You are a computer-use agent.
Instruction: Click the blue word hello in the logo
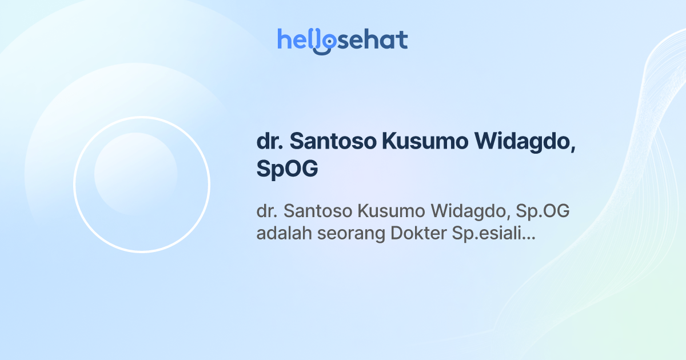point(299,40)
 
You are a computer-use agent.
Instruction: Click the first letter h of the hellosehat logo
point(284,39)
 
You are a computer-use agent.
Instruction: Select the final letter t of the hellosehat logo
point(403,40)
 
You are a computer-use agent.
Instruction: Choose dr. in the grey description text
point(266,211)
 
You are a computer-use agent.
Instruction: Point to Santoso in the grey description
point(317,211)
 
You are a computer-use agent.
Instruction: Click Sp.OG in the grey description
point(543,211)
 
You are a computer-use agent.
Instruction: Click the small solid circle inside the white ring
point(135,174)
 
